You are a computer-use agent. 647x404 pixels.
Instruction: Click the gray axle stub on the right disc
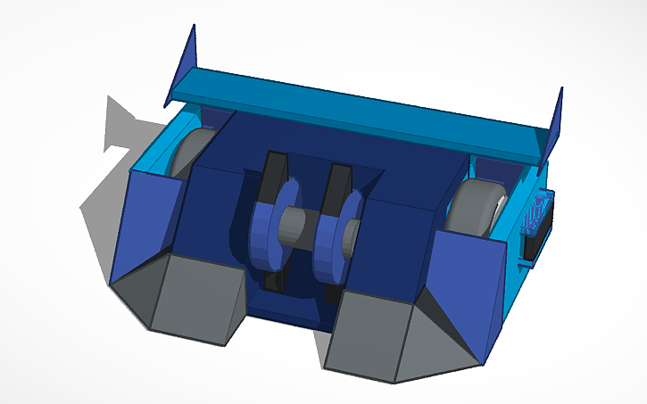[352, 235]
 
